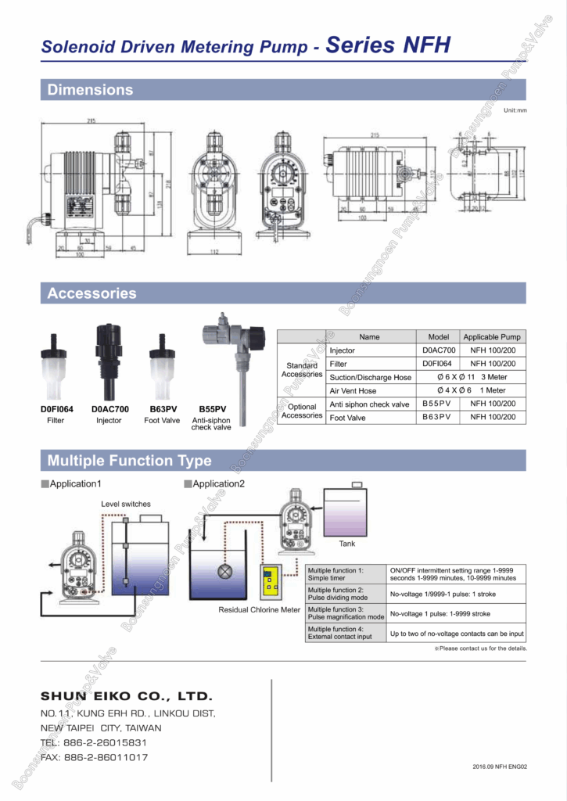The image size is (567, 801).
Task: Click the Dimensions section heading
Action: coord(90,90)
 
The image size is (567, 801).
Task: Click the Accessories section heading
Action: coord(92,294)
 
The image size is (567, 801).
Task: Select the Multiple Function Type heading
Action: coord(129,460)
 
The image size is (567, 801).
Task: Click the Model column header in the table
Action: coord(438,337)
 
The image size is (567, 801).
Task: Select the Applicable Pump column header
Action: coord(492,337)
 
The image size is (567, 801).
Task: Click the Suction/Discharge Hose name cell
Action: coord(370,378)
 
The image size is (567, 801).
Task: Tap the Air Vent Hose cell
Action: coord(353,391)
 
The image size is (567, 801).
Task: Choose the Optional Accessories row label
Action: coord(302,411)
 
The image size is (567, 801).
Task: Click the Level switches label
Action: coord(126,505)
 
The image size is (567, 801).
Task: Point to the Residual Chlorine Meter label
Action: coord(259,610)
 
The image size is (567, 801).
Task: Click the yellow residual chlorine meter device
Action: coord(271,582)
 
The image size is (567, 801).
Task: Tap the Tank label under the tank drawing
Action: coord(346,544)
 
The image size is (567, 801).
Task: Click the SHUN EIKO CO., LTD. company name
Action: coord(126,696)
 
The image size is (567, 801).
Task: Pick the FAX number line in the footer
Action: coord(94,758)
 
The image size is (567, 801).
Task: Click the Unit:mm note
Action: coord(515,110)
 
